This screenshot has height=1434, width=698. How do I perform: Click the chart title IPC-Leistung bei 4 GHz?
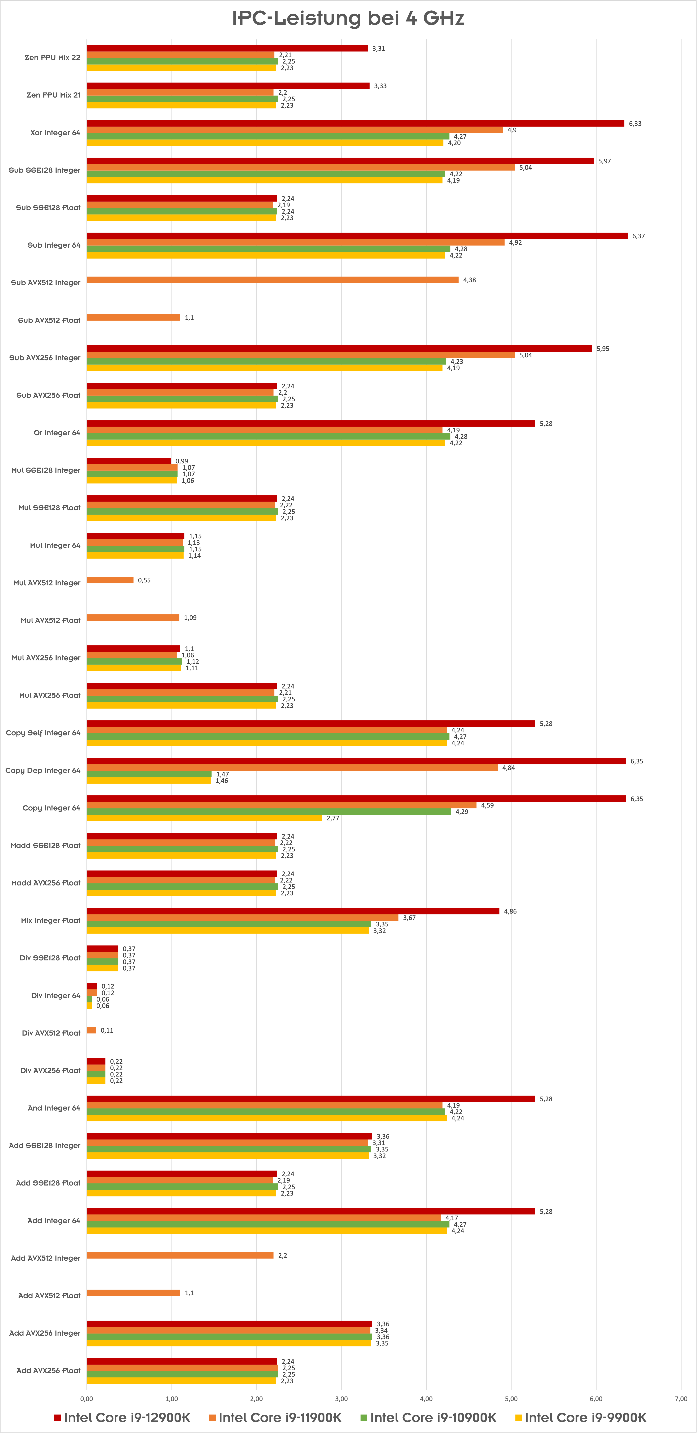[348, 18]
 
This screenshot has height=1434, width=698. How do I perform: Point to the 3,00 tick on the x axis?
[341, 1398]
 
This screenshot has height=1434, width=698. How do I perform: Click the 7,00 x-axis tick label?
[681, 1398]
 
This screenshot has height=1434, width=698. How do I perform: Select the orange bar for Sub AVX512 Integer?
[273, 279]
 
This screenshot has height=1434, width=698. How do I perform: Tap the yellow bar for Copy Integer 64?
[204, 818]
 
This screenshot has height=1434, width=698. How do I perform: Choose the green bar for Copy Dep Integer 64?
[149, 774]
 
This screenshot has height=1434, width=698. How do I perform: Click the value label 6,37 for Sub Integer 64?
[639, 236]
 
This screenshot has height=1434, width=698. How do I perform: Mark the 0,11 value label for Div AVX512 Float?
[107, 1030]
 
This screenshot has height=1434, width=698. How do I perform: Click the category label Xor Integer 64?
[55, 132]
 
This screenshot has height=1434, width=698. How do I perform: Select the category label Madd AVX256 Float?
[46, 883]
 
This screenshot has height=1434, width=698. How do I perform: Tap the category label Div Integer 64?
[56, 995]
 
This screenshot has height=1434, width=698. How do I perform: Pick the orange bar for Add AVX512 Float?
[134, 1293]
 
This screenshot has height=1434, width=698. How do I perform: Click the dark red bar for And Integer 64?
[311, 1099]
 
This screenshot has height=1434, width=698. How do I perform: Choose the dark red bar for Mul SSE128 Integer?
[129, 461]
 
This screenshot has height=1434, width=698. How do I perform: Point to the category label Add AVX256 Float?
[48, 1370]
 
